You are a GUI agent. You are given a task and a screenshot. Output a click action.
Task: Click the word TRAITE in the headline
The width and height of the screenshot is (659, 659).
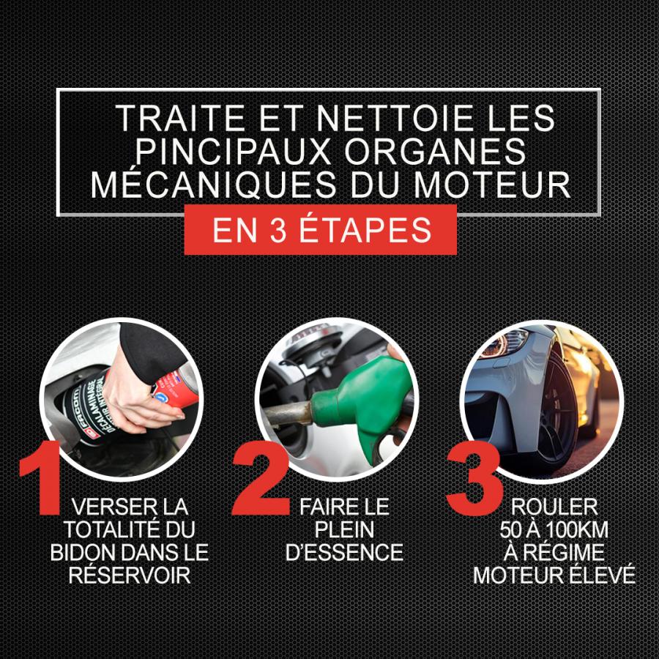(180, 118)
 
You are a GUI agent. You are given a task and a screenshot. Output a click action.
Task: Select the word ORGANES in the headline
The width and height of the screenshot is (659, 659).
(435, 151)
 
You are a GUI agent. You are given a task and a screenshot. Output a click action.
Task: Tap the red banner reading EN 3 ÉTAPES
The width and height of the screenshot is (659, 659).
(320, 229)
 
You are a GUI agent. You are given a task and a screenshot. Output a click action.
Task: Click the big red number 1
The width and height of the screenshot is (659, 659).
(42, 477)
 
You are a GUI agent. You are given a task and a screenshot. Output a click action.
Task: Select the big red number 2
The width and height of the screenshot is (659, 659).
(261, 479)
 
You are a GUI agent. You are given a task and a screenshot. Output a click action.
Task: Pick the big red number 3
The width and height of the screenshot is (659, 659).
(475, 479)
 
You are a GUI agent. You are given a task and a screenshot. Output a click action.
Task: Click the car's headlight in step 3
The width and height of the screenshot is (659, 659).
(505, 341)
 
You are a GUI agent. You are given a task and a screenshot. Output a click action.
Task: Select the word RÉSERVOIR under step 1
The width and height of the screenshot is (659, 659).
(130, 575)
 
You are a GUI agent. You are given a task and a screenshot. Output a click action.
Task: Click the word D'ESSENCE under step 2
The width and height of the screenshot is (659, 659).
(344, 552)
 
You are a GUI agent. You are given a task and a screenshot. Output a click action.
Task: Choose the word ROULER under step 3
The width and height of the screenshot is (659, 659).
(554, 507)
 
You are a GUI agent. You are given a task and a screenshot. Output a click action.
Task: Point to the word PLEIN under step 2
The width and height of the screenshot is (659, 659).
(344, 529)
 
